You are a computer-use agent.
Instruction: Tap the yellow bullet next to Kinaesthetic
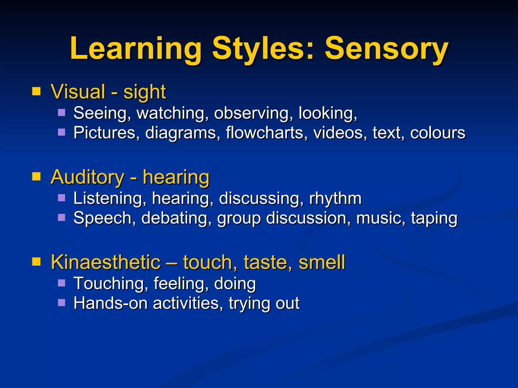click(x=36, y=262)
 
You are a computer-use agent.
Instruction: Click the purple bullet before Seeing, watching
click(x=61, y=112)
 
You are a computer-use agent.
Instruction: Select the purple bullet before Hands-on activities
click(x=61, y=303)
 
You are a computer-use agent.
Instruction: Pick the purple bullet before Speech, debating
click(x=61, y=217)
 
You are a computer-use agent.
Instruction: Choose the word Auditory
click(x=88, y=177)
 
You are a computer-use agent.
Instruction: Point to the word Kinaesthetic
click(x=106, y=262)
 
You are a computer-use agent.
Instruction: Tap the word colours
click(x=438, y=133)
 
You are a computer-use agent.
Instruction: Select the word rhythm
click(x=335, y=198)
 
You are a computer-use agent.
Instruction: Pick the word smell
click(x=322, y=262)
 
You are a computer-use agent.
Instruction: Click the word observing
click(x=251, y=113)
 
